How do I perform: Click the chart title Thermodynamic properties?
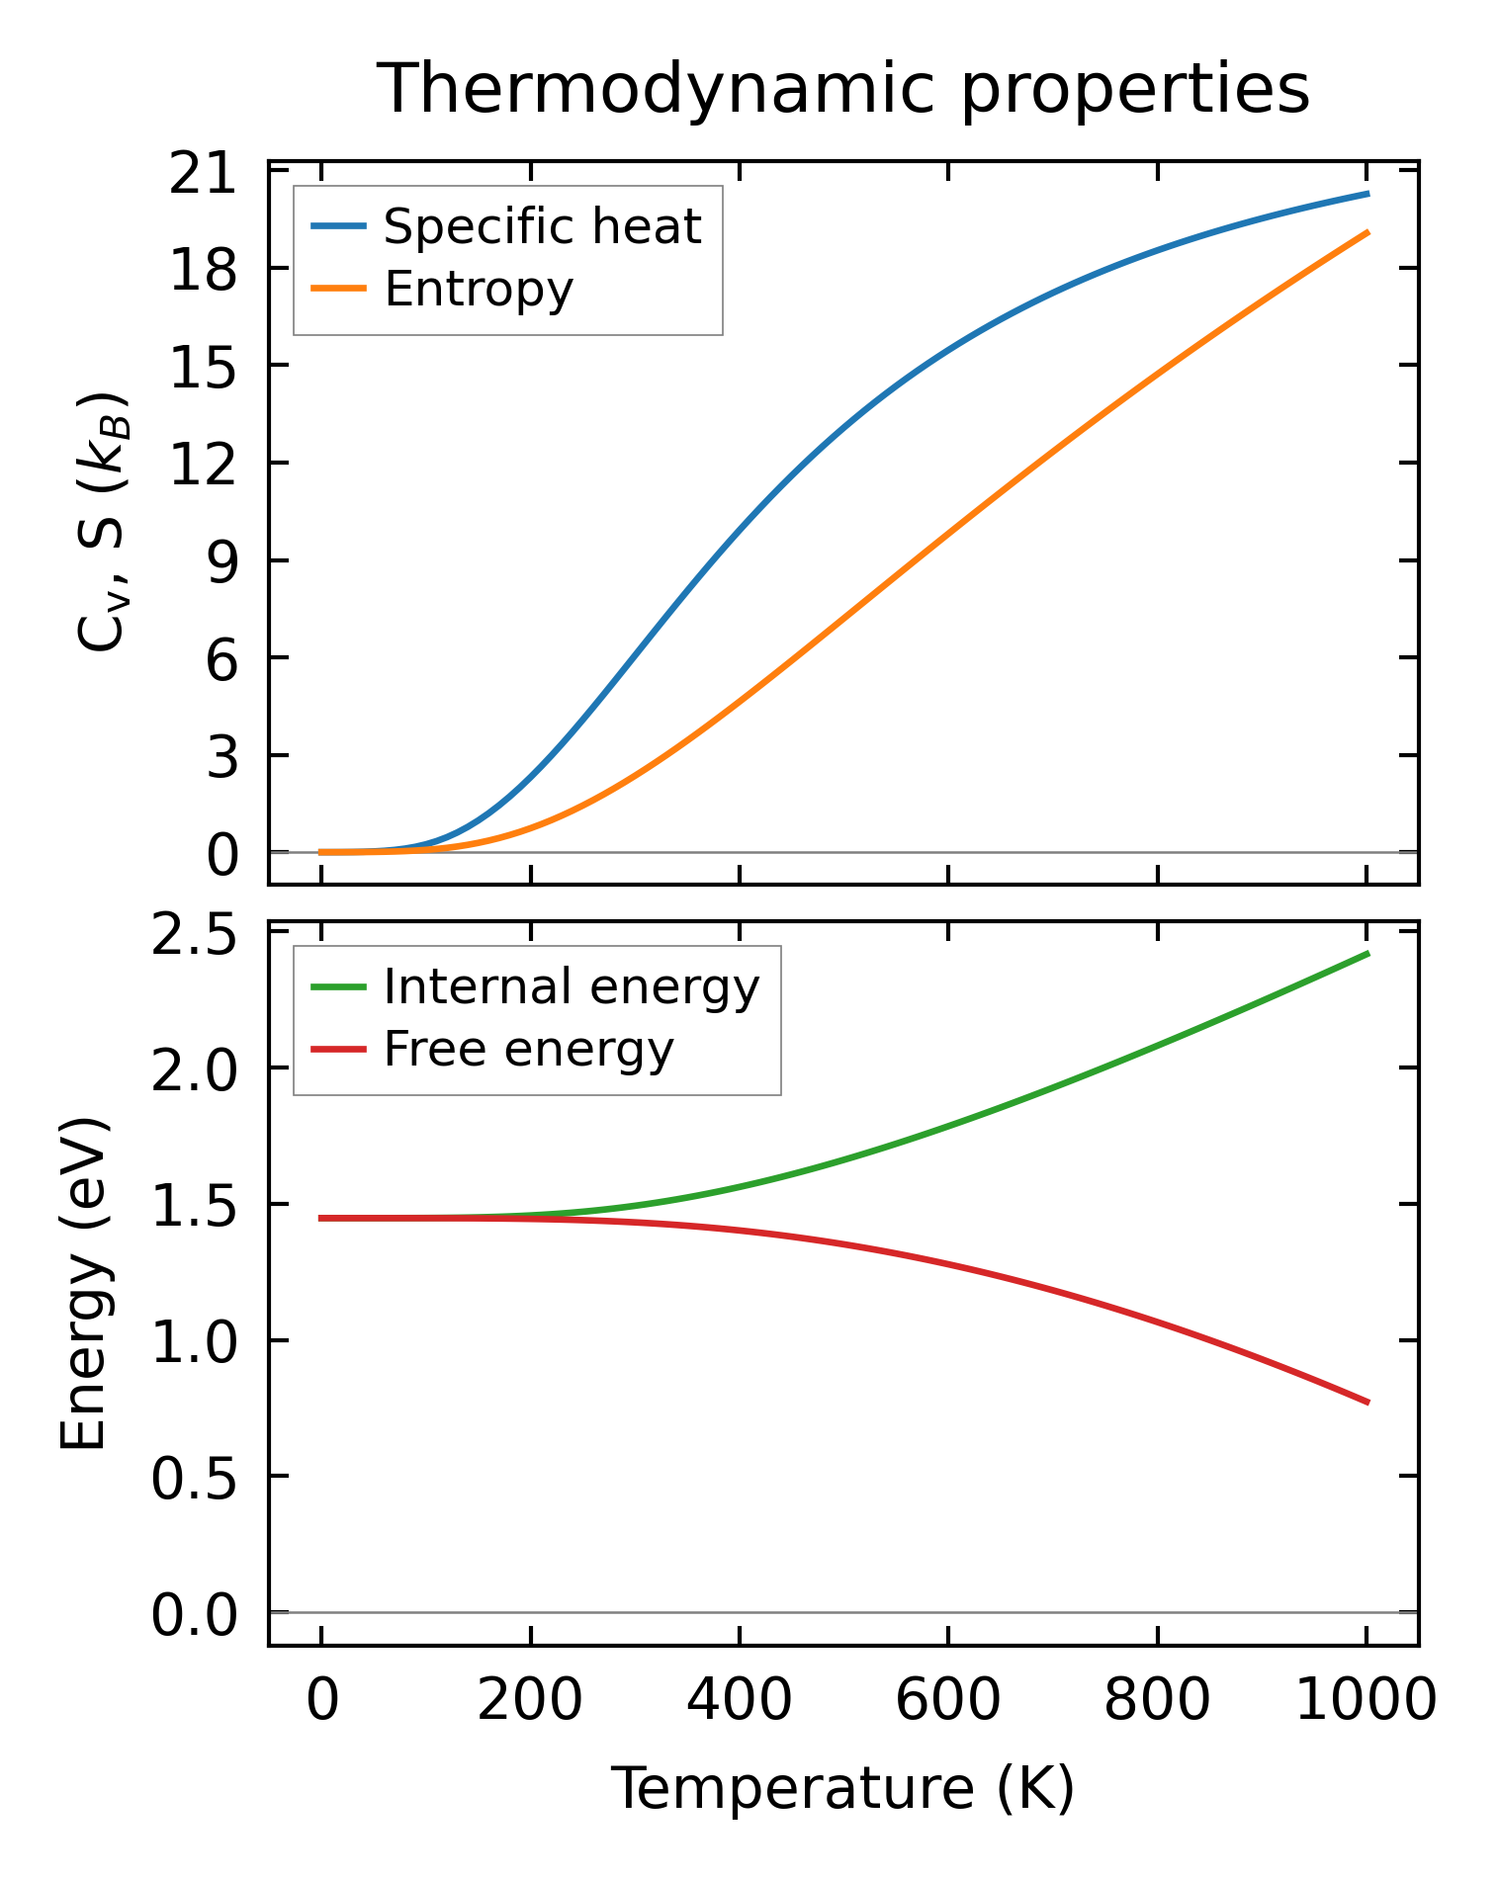[844, 89]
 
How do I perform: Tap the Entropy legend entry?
[479, 290]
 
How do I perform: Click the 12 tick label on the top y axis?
[204, 464]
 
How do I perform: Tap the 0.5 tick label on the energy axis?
[194, 1479]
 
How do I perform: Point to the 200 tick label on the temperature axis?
[530, 1701]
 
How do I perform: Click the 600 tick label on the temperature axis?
[948, 1701]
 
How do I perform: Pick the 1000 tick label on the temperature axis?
[1366, 1701]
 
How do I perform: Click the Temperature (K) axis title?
[843, 1789]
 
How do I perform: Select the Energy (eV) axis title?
[83, 1284]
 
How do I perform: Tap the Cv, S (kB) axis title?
[102, 522]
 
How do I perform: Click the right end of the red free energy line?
[1367, 1402]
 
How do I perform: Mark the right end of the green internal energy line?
[1367, 954]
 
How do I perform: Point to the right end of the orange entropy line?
[1367, 232]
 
